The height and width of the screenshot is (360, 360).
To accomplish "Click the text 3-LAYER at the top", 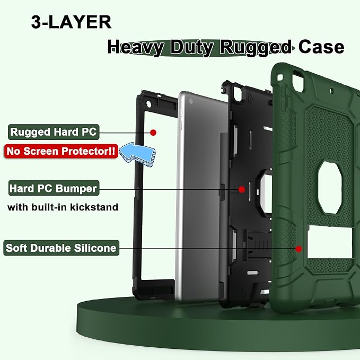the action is (71, 22).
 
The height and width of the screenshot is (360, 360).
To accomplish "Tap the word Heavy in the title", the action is (136, 48).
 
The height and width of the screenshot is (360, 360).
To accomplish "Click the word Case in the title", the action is (321, 47).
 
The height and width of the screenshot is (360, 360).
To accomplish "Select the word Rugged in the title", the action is (256, 48).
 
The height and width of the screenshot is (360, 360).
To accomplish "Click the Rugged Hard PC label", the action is (54, 132).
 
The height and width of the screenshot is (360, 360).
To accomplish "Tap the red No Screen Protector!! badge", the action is (61, 151).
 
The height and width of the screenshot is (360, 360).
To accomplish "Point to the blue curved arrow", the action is (138, 154).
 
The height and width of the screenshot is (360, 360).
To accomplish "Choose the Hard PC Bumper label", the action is (54, 188).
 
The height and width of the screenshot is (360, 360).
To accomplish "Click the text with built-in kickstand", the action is (63, 207).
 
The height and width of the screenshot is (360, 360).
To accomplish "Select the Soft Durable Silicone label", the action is (62, 248).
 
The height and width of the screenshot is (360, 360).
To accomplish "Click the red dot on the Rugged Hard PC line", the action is (153, 133).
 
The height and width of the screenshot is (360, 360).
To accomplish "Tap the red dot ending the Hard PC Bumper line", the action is (242, 189).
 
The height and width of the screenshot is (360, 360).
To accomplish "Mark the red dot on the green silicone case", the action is (298, 249).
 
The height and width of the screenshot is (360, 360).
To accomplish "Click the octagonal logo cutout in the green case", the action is (330, 188).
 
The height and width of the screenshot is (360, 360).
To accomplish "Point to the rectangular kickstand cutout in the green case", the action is (330, 242).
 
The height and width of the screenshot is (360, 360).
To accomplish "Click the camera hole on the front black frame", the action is (148, 104).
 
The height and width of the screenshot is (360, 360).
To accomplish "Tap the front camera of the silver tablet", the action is (191, 101).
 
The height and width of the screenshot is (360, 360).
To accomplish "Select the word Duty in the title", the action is (192, 48).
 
